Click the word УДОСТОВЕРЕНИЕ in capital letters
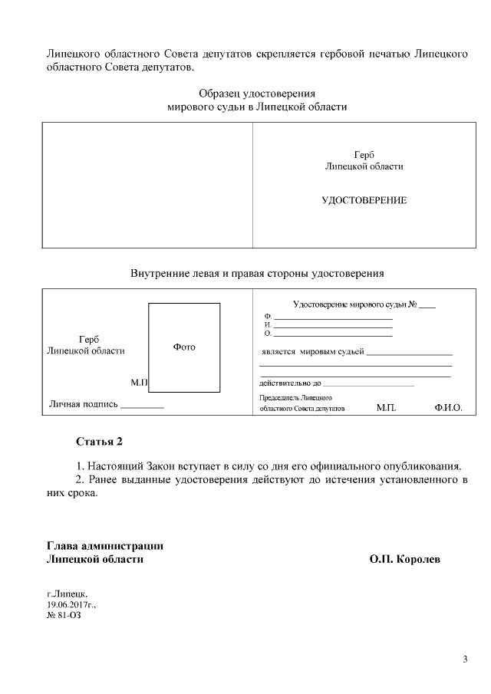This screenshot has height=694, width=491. coord(364,201)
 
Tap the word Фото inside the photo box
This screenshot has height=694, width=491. coord(184,347)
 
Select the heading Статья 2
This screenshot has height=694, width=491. coord(99,442)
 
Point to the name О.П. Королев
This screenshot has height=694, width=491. coord(404,559)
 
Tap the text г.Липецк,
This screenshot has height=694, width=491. coord(68,594)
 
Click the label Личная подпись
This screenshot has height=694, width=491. coord(84,403)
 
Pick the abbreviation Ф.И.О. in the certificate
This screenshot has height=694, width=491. coord(448,409)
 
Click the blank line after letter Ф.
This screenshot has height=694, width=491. coord(333,317)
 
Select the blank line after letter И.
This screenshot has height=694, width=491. coord(333,326)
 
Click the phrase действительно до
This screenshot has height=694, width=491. coord(290,383)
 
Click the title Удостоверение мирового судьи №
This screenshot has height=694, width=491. coord(354,304)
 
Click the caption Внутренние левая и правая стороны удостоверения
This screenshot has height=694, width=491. coord(257,273)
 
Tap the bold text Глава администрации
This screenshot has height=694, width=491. coord(105,546)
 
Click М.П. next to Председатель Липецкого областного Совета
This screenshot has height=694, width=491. coord(386,409)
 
